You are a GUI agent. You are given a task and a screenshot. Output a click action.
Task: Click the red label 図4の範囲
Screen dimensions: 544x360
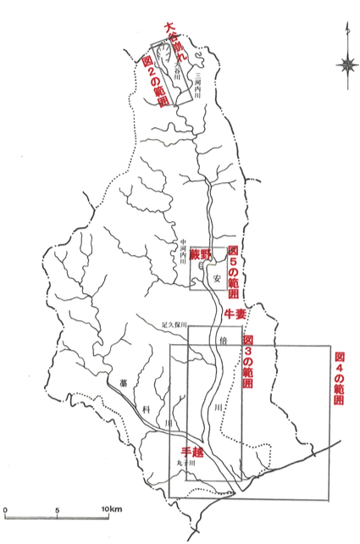(x=339, y=380)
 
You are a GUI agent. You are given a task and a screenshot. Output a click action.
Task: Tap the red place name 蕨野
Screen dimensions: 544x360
(x=198, y=253)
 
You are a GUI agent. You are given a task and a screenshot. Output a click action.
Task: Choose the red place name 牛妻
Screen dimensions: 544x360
(x=234, y=314)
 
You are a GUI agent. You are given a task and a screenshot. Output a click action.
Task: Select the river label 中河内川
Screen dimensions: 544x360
(x=180, y=252)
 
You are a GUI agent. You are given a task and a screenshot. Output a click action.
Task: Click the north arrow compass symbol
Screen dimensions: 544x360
(x=346, y=64)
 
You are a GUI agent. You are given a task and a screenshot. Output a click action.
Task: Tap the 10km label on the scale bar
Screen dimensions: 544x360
(x=113, y=508)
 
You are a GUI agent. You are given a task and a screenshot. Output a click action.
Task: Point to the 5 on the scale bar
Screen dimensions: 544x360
(x=57, y=508)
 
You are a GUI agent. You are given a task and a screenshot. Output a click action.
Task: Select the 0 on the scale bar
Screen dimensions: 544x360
(x=5, y=508)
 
